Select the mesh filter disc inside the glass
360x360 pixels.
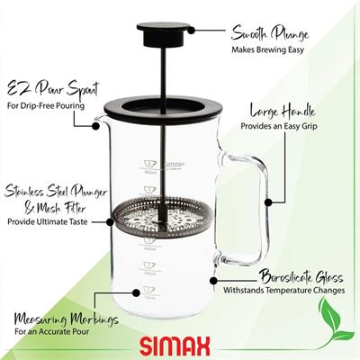(160, 220)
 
